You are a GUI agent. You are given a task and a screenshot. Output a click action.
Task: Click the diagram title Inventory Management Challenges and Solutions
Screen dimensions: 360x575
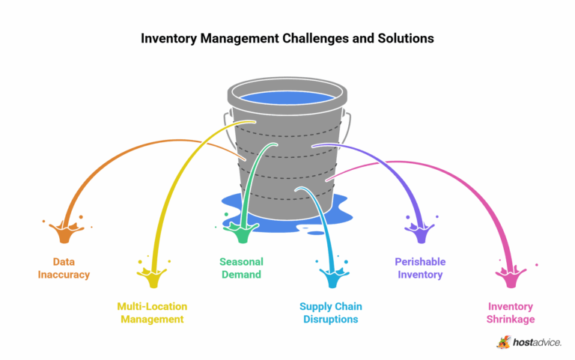(287, 37)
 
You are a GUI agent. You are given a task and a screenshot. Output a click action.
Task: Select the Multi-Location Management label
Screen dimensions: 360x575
(152, 313)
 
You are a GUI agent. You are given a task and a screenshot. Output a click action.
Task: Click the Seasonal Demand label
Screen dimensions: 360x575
(240, 268)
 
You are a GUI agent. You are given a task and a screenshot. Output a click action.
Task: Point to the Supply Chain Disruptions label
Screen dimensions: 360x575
(329, 313)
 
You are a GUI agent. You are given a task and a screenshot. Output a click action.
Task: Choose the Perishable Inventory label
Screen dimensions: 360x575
(420, 268)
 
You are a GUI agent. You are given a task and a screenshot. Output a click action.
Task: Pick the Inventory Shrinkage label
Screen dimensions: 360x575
(511, 313)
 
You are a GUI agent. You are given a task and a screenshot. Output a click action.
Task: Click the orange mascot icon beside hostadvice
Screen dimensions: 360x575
(504, 342)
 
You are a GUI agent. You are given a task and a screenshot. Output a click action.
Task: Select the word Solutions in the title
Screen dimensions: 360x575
(405, 37)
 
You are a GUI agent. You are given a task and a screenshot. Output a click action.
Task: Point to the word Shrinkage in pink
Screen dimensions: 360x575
(511, 320)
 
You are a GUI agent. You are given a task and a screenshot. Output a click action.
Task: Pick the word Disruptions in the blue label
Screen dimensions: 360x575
(329, 320)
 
